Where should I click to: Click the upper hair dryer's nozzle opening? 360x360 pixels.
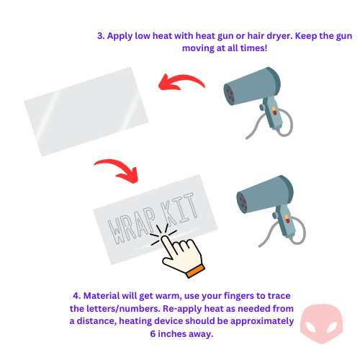coord(230,94)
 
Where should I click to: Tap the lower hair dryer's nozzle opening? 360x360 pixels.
coord(243,202)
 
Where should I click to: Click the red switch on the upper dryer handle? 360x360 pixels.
coord(274,111)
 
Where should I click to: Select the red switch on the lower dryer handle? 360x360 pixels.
coord(287,219)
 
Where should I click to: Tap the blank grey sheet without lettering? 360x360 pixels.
coord(86,112)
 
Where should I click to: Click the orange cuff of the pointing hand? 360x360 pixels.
coord(195,271)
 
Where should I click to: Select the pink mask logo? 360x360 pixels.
coord(321,323)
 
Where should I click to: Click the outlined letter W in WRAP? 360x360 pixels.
coord(117,231)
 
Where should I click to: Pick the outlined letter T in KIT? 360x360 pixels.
coord(189,207)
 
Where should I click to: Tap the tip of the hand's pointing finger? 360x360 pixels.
coord(165,238)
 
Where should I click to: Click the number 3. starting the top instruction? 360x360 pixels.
coord(101,36)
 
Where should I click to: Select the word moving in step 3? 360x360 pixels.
coord(198,48)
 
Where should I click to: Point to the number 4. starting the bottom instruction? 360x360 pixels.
coord(77,296)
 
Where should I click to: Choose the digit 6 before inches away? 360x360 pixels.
coord(153,333)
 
